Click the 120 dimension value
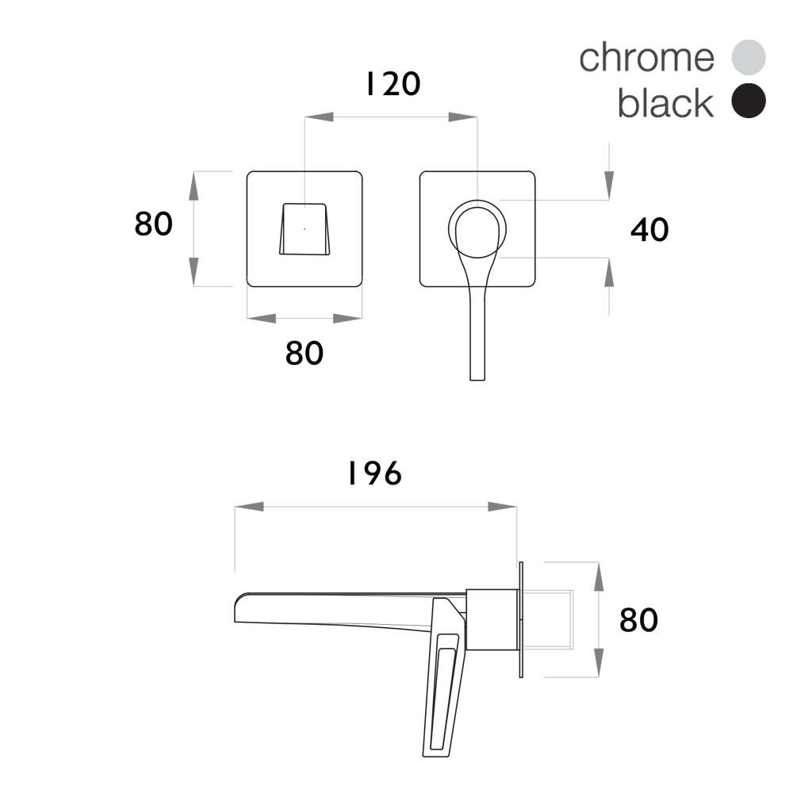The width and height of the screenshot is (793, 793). click(393, 84)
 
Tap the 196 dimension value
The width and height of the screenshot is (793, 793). click(375, 474)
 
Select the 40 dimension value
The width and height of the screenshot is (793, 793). click(649, 230)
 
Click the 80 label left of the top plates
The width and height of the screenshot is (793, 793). click(153, 224)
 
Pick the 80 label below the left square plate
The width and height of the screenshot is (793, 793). click(305, 353)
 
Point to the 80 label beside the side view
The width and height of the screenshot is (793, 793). click(638, 620)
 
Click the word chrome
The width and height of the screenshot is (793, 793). click(647, 58)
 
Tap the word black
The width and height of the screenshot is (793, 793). click(665, 102)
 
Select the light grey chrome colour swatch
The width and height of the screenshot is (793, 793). click(749, 58)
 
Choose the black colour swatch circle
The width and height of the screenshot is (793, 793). click(749, 101)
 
